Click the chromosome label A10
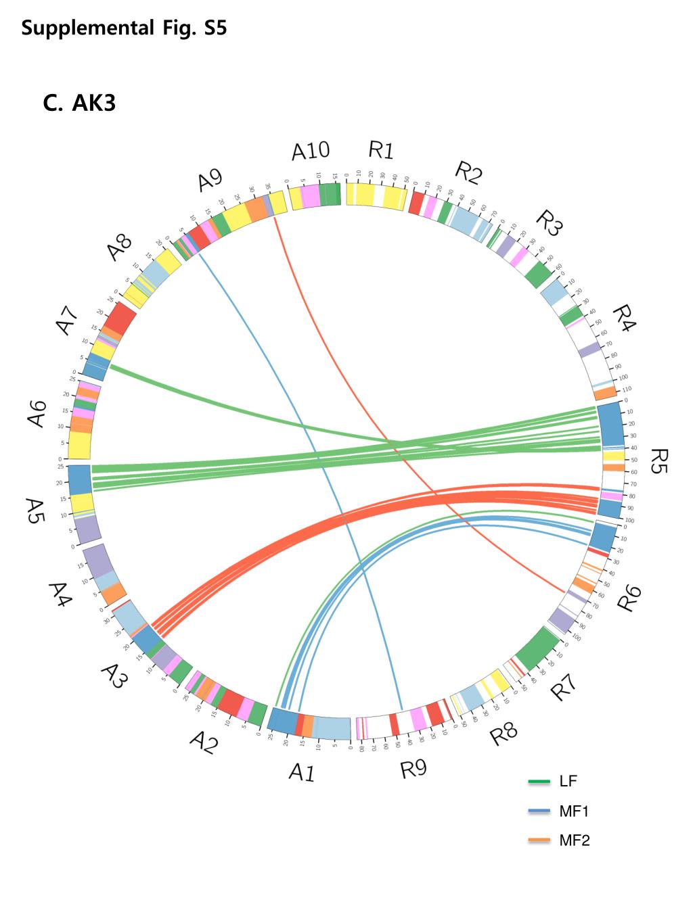pos(311,151)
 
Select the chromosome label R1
pos(381,150)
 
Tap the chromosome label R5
pos(657,460)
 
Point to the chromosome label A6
pos(37,413)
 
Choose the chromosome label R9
pos(413,769)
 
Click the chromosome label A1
pos(302,772)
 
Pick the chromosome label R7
pos(564,686)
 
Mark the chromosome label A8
pos(120,247)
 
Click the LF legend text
pos(568,782)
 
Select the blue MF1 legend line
pos(539,811)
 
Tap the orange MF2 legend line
pos(539,841)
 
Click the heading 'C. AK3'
pos(79,103)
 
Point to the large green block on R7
pos(539,650)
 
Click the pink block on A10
pos(310,197)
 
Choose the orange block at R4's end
pos(604,392)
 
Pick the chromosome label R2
pos(468,172)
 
